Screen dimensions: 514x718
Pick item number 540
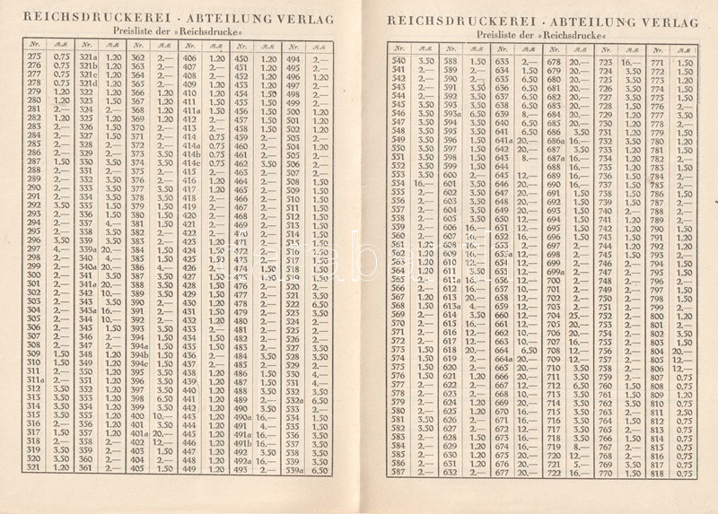coord(400,60)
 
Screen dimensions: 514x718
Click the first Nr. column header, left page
coord(35,44)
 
